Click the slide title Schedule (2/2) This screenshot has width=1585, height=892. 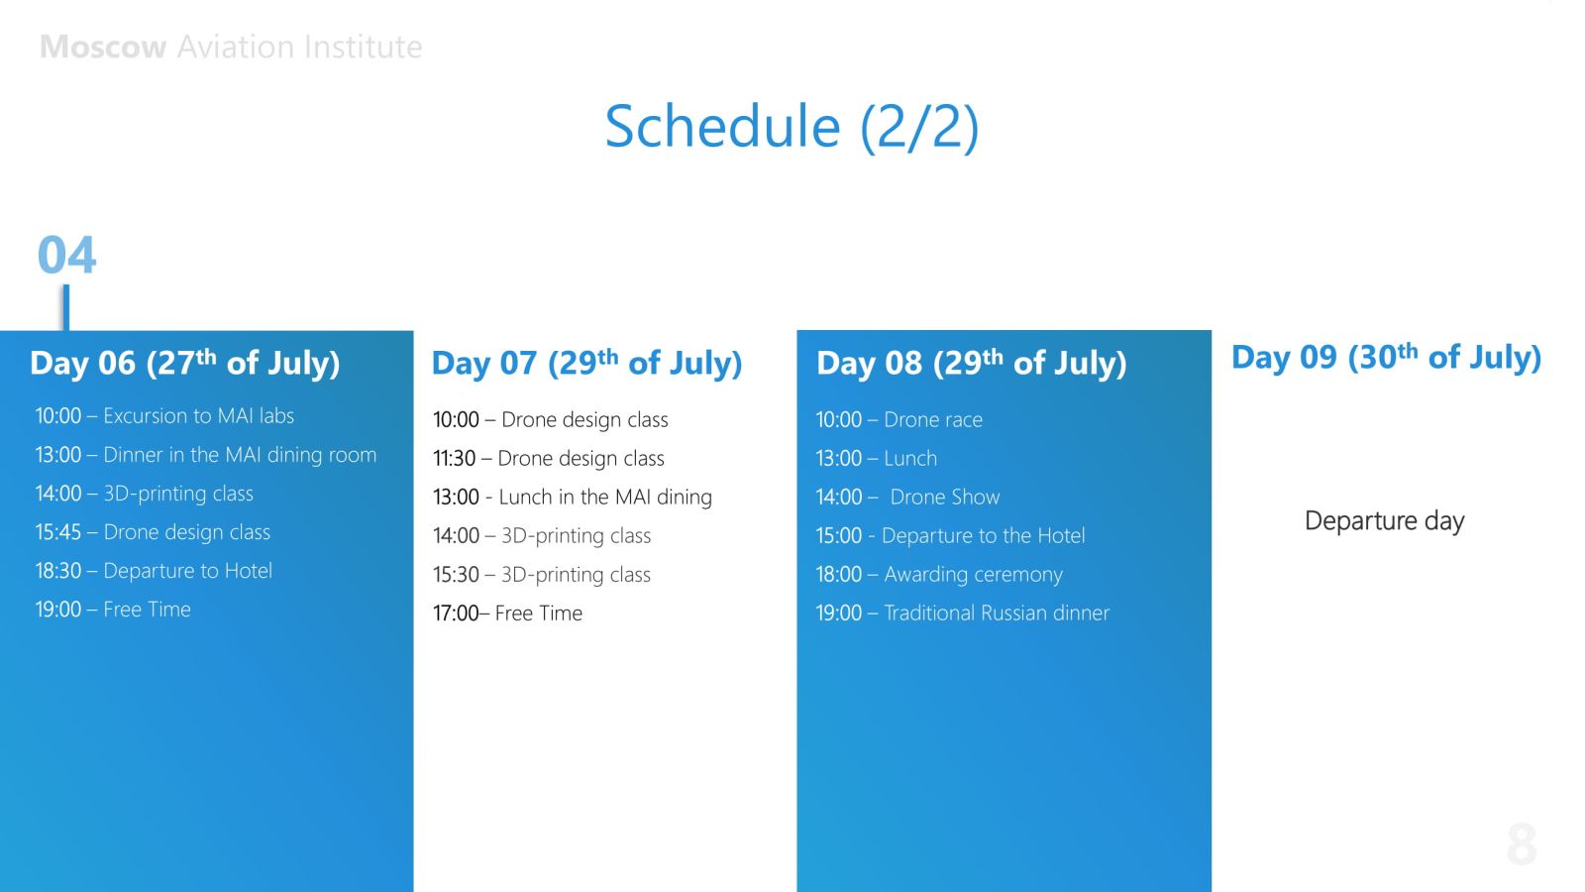coord(792,126)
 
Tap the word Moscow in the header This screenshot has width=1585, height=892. coord(103,47)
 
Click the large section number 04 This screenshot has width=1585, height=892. coord(66,254)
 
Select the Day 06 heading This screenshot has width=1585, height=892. coord(184,363)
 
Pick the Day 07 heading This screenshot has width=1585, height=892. coord(586,363)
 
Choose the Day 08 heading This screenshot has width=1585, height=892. coord(972,363)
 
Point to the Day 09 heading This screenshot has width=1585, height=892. coord(1386,357)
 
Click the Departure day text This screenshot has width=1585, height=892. coord(1384,521)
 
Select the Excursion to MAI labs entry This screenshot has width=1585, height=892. coord(164,415)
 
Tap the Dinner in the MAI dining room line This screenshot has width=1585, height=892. coord(206,455)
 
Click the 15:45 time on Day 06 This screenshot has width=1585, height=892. coord(58,531)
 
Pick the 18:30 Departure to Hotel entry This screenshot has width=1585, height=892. coord(154,571)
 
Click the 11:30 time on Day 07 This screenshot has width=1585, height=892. coord(455,458)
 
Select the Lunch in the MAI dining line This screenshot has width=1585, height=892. coord(573,497)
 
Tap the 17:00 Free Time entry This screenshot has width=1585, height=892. coord(507,613)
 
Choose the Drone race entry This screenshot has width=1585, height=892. coord(899,420)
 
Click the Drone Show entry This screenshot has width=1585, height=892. coord(907,497)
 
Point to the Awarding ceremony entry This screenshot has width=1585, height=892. coord(939,574)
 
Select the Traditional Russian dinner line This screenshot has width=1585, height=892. coord(962,613)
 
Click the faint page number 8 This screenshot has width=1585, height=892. coord(1522,843)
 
